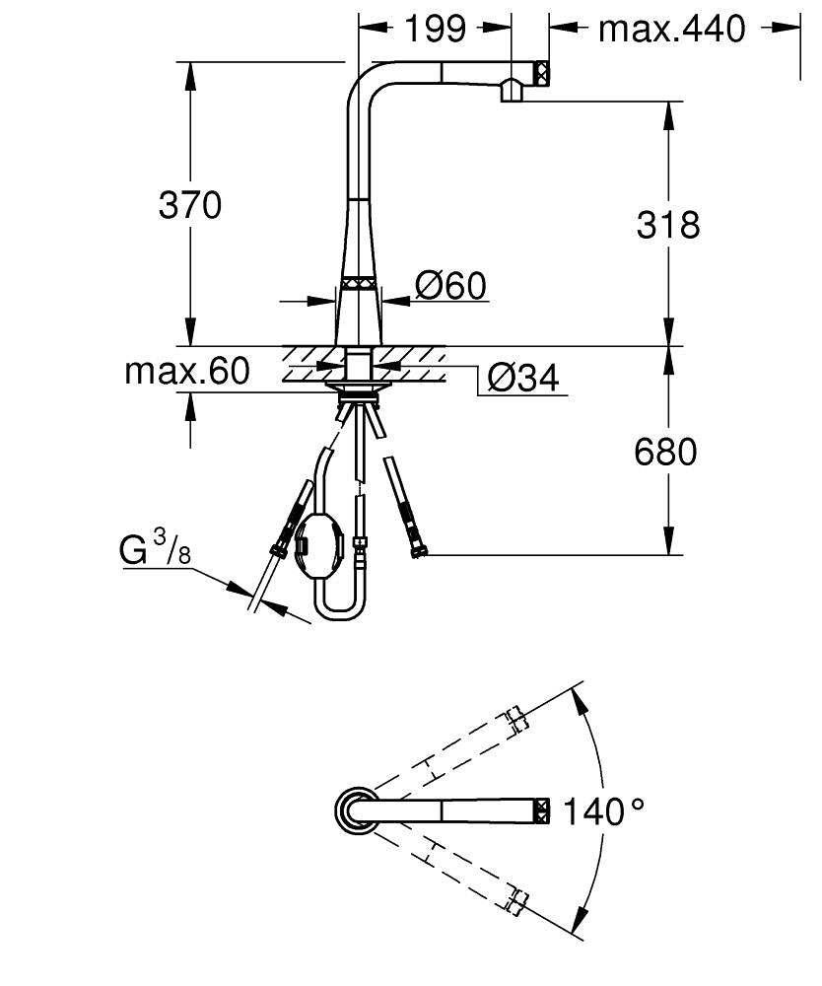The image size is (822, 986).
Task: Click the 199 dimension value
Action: (x=435, y=30)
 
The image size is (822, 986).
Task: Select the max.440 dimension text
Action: (x=672, y=30)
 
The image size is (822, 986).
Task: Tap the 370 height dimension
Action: (x=190, y=205)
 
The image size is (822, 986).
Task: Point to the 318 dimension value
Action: (x=667, y=225)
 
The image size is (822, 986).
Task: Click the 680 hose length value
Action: (x=665, y=452)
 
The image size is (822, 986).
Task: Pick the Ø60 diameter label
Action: (x=450, y=286)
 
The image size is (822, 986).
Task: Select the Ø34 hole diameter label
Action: (x=522, y=377)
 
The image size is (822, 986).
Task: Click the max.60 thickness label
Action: (x=187, y=372)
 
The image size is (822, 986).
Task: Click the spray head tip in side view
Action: (x=540, y=74)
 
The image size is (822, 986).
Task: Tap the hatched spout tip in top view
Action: (x=541, y=810)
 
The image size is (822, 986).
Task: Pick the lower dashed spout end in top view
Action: (x=515, y=898)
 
